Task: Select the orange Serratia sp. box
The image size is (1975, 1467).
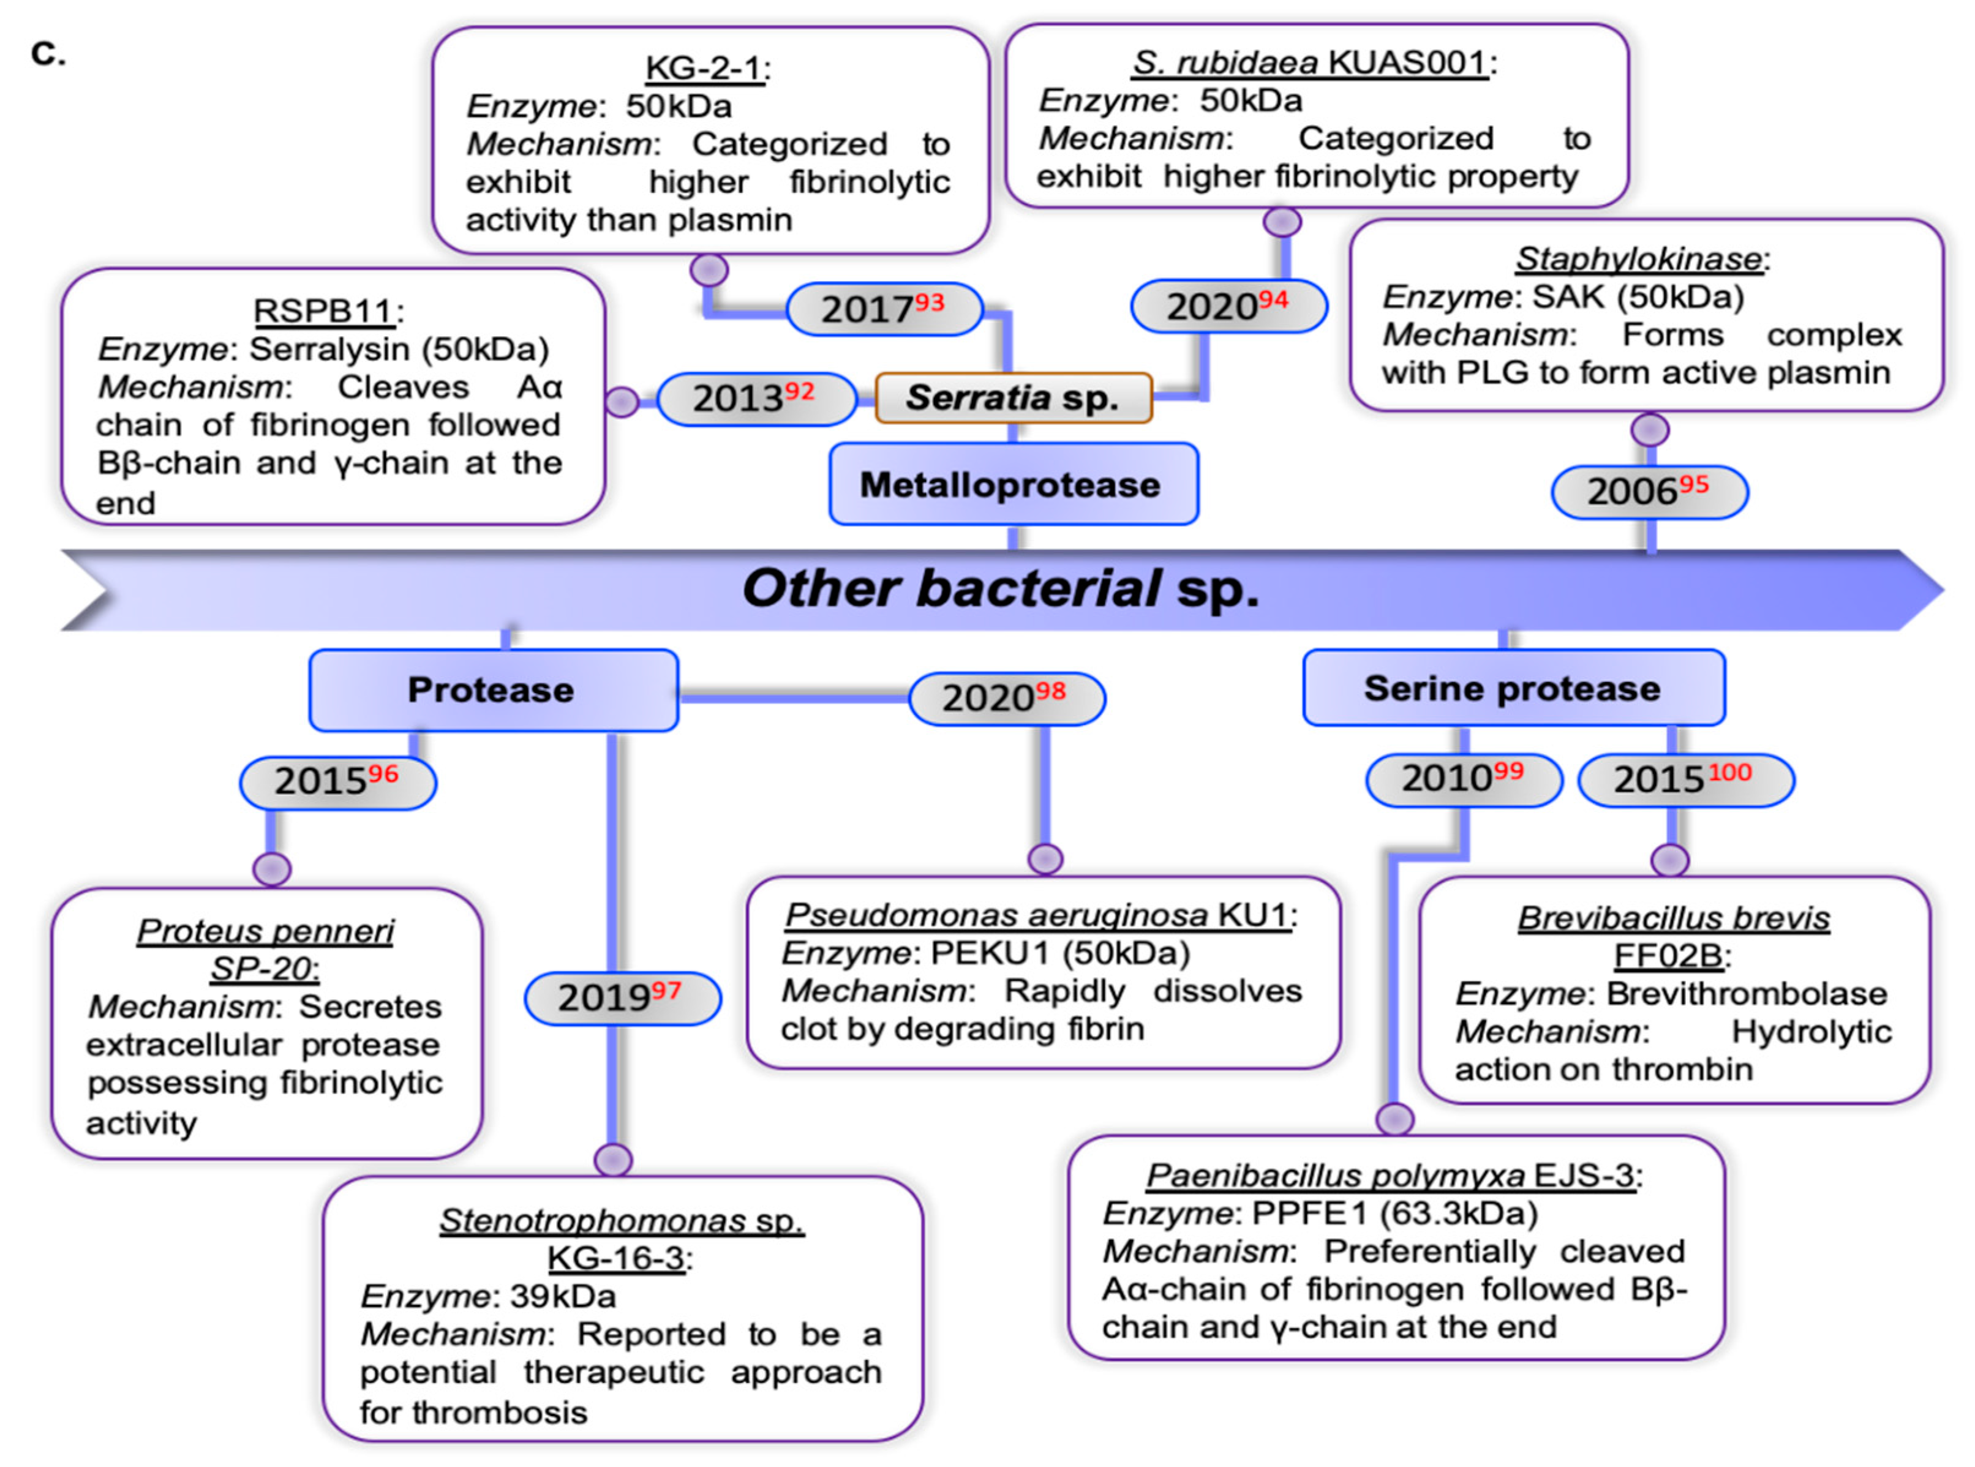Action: point(1012,398)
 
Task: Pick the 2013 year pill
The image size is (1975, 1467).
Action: point(756,399)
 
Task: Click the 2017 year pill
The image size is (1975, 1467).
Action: point(884,309)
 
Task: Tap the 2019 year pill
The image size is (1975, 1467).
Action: point(622,997)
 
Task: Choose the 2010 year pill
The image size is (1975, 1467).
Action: point(1462,779)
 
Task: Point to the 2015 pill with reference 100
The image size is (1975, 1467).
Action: point(1685,779)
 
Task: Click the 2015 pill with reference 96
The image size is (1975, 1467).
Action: point(337,781)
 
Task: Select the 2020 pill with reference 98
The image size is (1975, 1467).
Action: point(1006,698)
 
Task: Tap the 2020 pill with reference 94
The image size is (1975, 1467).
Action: point(1228,306)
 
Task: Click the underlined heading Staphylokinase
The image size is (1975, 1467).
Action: point(1638,258)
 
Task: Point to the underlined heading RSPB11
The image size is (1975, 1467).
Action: point(323,311)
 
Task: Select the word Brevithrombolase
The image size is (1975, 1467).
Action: point(1746,993)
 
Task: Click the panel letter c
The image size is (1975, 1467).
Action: point(47,53)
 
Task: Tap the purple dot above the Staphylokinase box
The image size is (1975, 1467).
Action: point(1649,430)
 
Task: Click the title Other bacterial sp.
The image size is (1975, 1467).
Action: point(1001,589)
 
